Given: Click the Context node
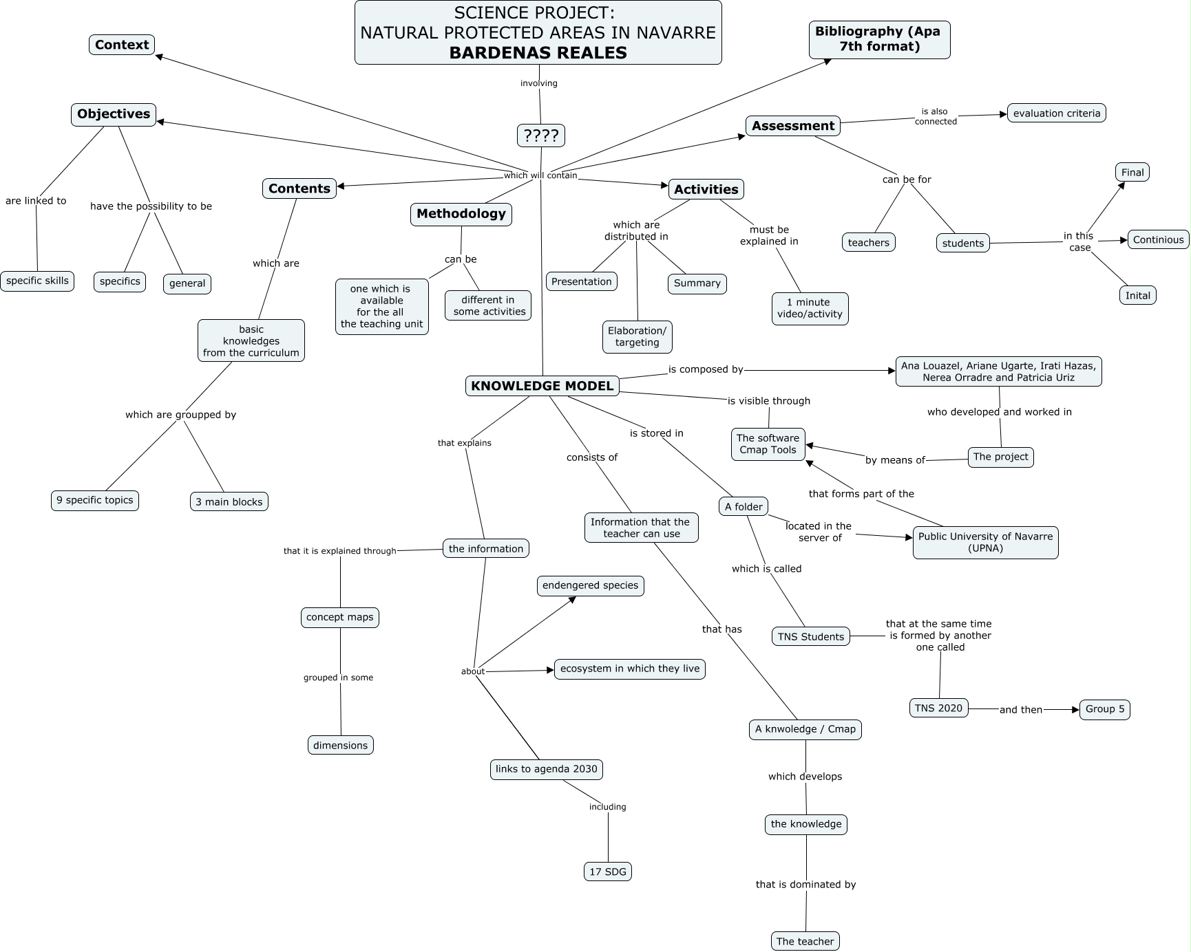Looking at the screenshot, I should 122,45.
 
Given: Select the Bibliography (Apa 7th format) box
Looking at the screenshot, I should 878,39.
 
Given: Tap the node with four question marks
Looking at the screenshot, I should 540,136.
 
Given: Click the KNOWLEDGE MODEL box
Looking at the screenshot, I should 542,386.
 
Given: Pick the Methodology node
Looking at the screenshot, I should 461,214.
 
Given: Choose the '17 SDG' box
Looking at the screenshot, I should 608,872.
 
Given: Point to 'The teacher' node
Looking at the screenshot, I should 805,941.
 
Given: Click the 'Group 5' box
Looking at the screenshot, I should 1104,709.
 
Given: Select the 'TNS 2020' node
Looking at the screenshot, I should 938,708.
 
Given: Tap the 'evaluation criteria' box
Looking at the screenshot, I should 1056,113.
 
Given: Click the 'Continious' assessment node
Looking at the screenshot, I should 1158,239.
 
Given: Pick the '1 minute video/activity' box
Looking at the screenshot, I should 810,308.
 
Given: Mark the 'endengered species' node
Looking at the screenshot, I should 590,585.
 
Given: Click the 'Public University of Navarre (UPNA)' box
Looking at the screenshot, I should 985,542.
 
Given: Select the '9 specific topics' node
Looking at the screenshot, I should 95,500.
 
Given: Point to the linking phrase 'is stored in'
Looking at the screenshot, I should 656,433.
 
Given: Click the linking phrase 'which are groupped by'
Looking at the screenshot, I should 180,415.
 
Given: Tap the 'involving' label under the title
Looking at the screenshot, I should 538,83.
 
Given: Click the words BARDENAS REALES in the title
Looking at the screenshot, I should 538,53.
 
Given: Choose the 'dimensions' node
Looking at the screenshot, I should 340,745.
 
